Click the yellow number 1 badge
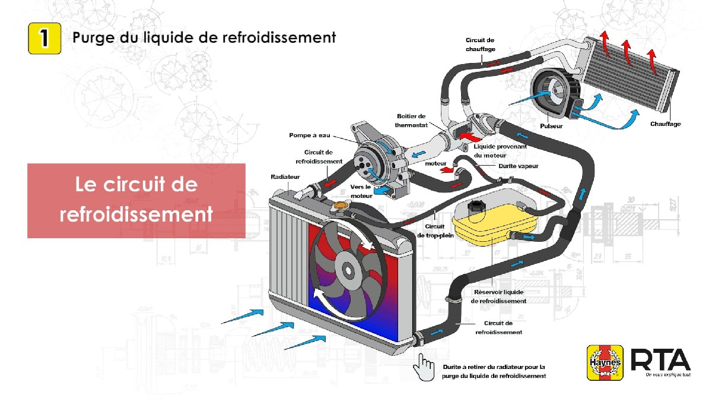coord(44,39)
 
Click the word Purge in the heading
coord(91,37)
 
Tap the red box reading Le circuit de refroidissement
coord(136,200)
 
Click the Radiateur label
coord(285,177)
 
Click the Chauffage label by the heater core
coord(665,124)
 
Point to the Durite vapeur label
coord(519,166)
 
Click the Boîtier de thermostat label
coord(411,120)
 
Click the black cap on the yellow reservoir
coord(474,207)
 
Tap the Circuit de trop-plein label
coord(435,231)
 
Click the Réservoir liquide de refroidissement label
coord(498,296)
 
